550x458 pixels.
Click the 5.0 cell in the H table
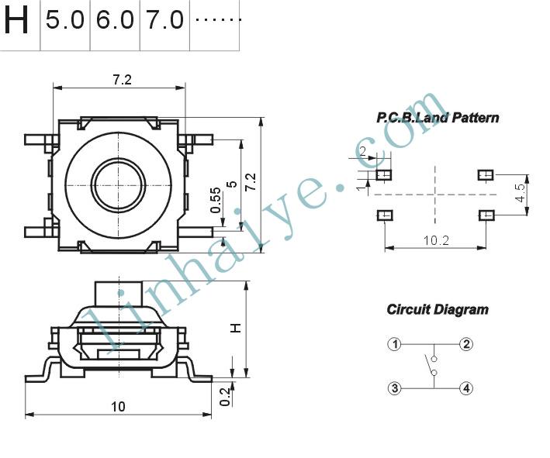pyautogui.click(x=65, y=19)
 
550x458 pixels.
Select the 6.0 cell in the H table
pyautogui.click(x=115, y=19)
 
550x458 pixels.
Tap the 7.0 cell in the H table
pyautogui.click(x=165, y=19)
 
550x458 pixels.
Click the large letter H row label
pyautogui.click(x=16, y=20)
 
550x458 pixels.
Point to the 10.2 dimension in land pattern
pyautogui.click(x=436, y=240)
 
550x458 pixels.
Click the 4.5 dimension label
pyautogui.click(x=521, y=193)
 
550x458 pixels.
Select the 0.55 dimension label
pyautogui.click(x=216, y=200)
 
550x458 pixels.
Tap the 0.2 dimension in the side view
pyautogui.click(x=224, y=396)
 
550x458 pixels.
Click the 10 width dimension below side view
pyautogui.click(x=118, y=407)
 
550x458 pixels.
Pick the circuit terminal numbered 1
pyautogui.click(x=395, y=344)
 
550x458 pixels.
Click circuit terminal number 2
pyautogui.click(x=466, y=344)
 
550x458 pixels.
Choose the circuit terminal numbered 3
pyautogui.click(x=395, y=388)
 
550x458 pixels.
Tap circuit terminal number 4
pyautogui.click(x=466, y=388)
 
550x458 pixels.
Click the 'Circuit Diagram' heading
pyautogui.click(x=438, y=309)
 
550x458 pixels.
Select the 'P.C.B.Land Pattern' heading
pyautogui.click(x=438, y=117)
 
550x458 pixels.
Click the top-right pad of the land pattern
pyautogui.click(x=486, y=174)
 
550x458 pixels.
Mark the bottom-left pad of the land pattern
pyautogui.click(x=385, y=215)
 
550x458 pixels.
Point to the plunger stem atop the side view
pyautogui.click(x=119, y=294)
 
